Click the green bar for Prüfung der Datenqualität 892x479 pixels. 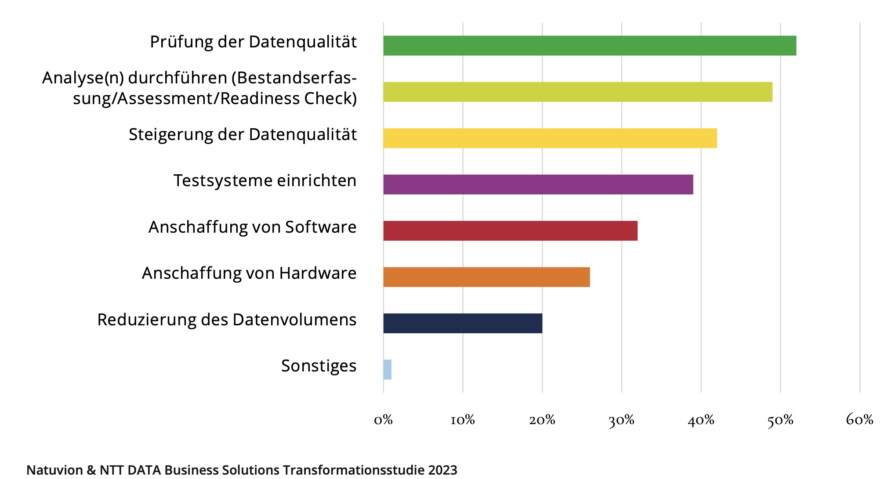coord(589,46)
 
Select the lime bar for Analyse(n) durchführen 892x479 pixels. coord(577,92)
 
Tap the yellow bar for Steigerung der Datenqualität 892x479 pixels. coord(550,138)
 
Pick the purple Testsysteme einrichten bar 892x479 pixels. coord(538,184)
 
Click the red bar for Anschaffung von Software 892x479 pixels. coord(510,231)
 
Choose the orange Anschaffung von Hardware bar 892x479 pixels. coord(486,277)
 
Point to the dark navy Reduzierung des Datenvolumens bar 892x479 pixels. coord(462,324)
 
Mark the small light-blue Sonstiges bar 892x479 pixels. coord(387,370)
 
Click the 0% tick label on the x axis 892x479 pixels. coord(383,420)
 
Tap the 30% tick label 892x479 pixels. coord(621,420)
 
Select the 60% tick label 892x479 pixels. coord(859,420)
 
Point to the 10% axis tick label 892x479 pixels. coord(463,420)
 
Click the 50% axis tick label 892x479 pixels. coord(780,420)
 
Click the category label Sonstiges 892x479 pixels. coord(319,366)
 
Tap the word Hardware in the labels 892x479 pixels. coord(318,273)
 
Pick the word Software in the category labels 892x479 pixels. coord(321,227)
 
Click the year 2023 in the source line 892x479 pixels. coord(442,470)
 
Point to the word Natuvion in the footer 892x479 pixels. coord(54,470)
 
